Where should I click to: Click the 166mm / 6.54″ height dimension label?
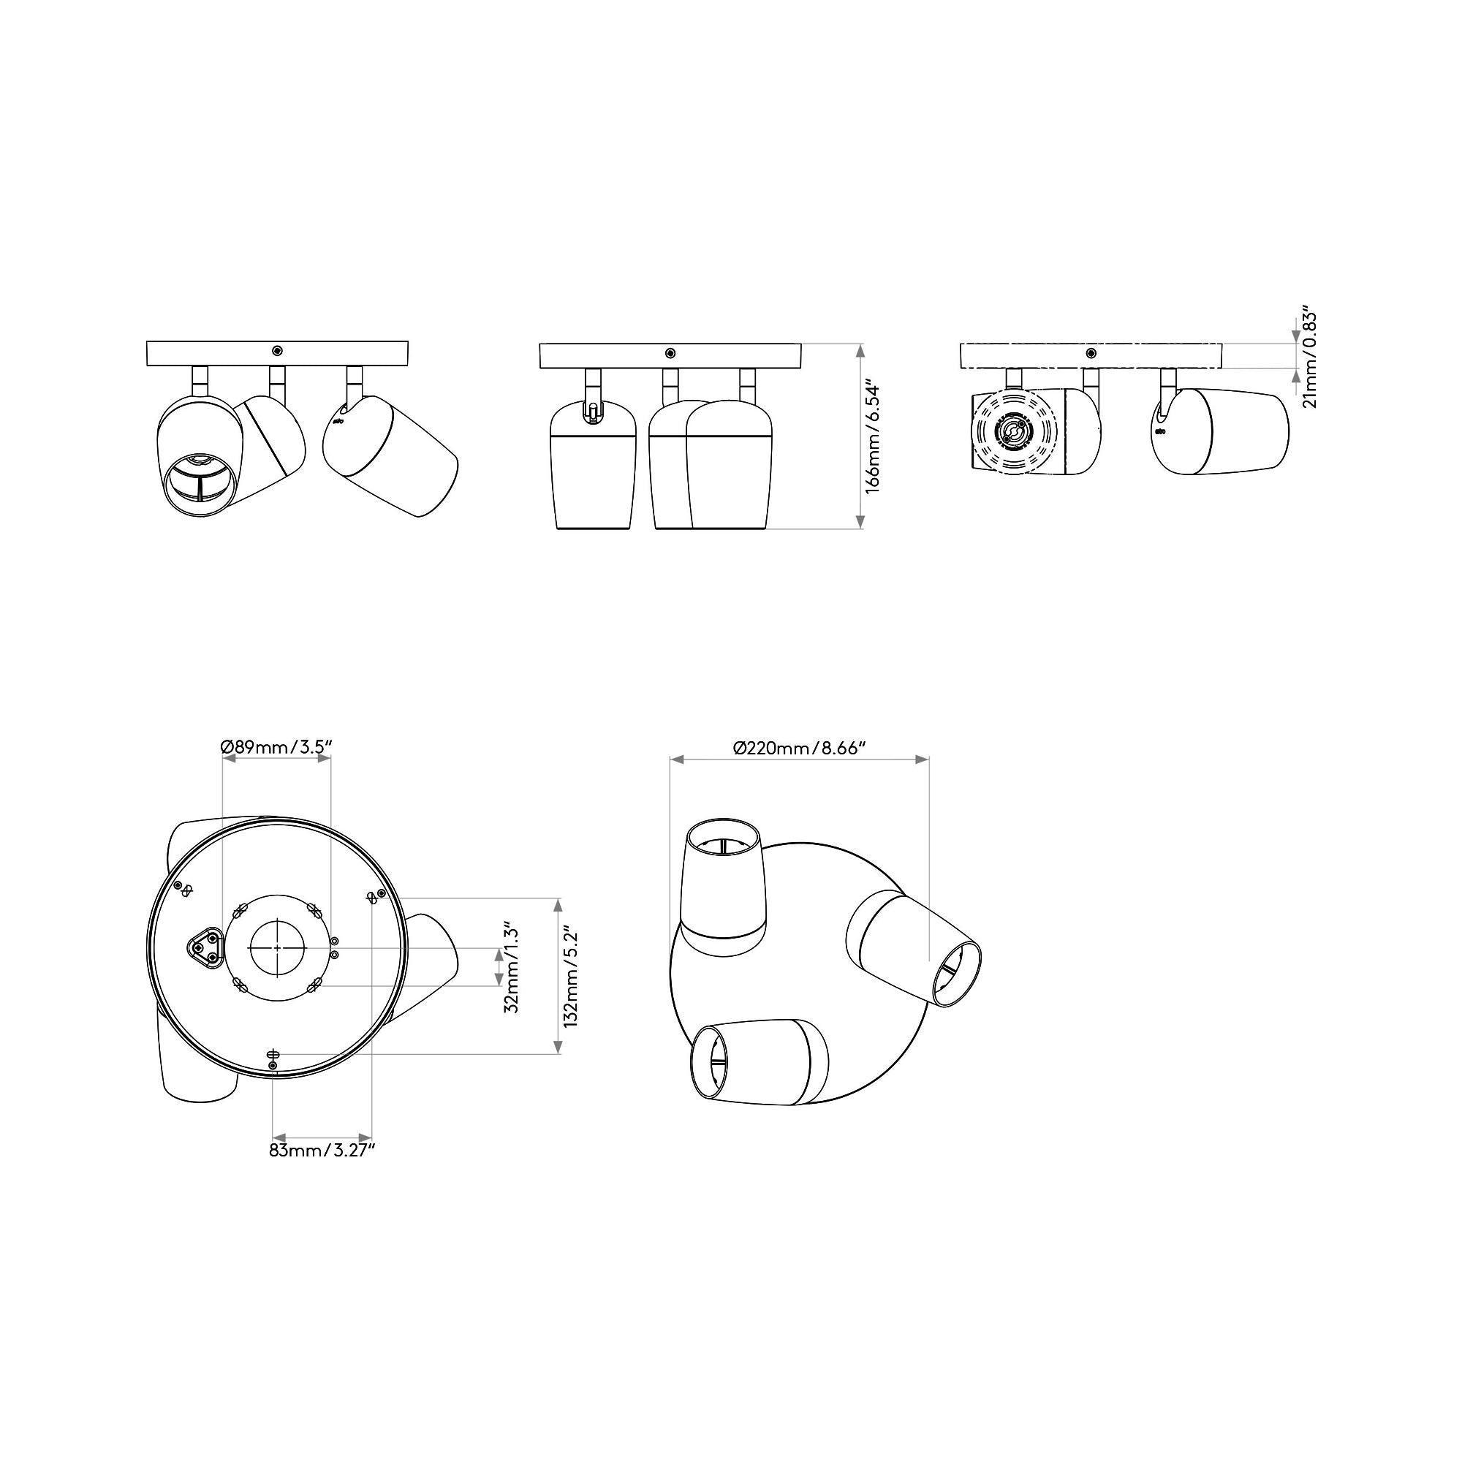pos(874,437)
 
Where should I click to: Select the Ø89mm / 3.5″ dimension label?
pos(277,748)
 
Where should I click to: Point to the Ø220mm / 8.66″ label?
pos(800,748)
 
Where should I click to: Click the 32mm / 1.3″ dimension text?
pos(512,966)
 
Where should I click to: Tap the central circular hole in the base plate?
pos(277,947)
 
